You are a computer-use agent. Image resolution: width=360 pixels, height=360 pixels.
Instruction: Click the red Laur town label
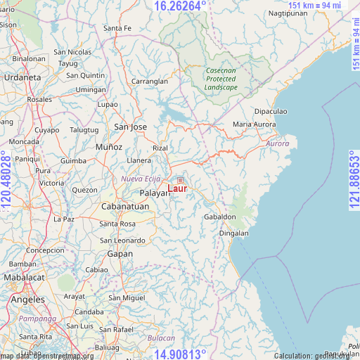click(x=177, y=189)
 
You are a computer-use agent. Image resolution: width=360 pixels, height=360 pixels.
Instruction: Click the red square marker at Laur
click(x=180, y=181)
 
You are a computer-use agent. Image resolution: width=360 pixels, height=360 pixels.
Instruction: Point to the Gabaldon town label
click(x=220, y=217)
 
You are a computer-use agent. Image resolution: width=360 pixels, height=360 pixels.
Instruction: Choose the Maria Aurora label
click(x=254, y=124)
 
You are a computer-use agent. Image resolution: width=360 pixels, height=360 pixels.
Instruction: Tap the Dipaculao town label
click(x=271, y=112)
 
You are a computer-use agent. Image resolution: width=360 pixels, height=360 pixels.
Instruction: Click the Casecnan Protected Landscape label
click(x=221, y=79)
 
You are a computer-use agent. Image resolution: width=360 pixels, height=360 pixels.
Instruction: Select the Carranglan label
click(x=150, y=82)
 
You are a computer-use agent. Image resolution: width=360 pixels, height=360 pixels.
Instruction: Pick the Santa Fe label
click(x=117, y=28)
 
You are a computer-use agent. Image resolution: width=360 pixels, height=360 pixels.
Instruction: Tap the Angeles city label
click(x=27, y=300)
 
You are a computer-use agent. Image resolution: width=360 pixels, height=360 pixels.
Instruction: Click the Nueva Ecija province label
click(x=141, y=179)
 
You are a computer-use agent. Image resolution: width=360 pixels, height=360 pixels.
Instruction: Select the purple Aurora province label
click(x=278, y=143)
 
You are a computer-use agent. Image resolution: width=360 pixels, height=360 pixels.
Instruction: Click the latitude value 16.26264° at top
click(x=180, y=6)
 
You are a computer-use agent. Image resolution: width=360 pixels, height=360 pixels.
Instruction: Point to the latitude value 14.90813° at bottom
click(x=180, y=354)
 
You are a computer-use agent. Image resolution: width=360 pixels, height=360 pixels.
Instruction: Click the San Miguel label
click(x=127, y=298)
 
